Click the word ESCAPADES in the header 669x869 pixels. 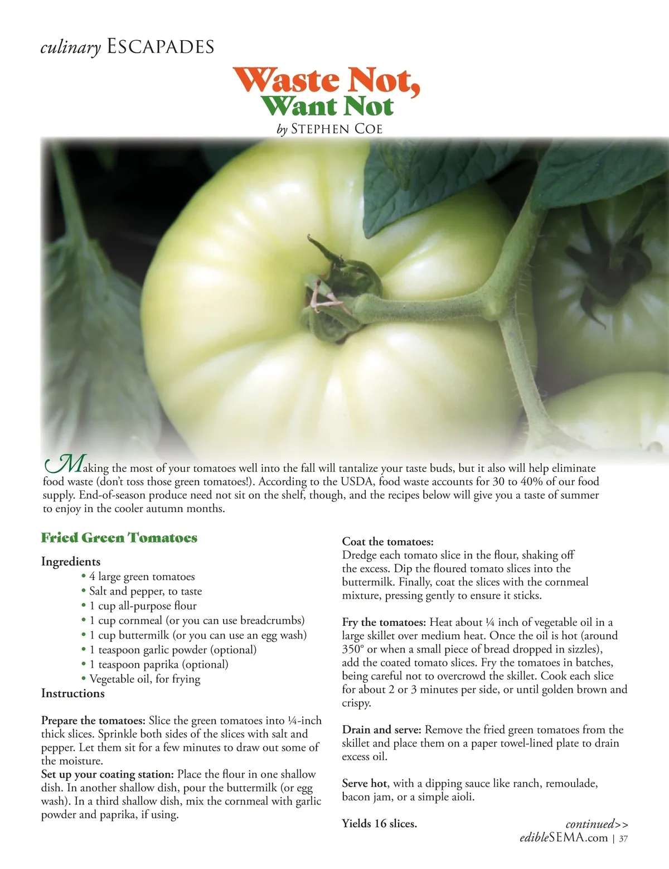pyautogui.click(x=160, y=47)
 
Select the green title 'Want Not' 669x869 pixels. pyautogui.click(x=327, y=106)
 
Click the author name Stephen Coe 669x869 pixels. pyautogui.click(x=337, y=129)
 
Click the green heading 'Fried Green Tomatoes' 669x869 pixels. pyautogui.click(x=119, y=538)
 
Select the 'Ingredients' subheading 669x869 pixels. pyautogui.click(x=71, y=562)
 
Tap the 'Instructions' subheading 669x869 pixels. pyautogui.click(x=73, y=693)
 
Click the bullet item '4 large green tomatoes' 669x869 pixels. pyautogui.click(x=142, y=577)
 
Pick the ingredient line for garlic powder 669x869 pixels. pyautogui.click(x=173, y=650)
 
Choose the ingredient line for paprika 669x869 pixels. pyautogui.click(x=159, y=664)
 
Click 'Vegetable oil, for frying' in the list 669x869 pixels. pyautogui.click(x=144, y=679)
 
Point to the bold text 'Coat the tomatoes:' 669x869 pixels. pyautogui.click(x=387, y=542)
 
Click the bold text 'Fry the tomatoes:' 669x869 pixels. pyautogui.click(x=384, y=622)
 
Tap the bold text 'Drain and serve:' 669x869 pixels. pyautogui.click(x=382, y=730)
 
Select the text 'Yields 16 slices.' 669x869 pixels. pyautogui.click(x=379, y=823)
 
